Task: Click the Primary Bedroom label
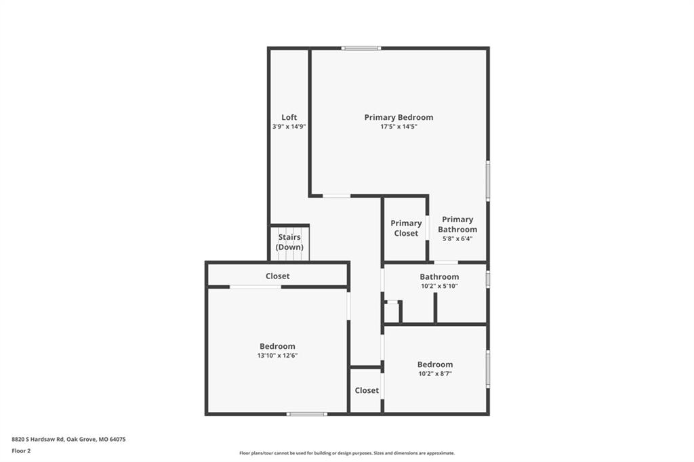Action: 399,117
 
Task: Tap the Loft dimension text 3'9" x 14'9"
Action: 289,127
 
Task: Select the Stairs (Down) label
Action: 289,242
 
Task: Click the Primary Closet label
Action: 406,228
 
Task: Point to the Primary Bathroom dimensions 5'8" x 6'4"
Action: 457,238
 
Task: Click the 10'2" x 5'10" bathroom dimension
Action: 439,287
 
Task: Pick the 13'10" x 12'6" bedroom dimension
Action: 277,356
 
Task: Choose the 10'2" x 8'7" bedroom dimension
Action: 435,373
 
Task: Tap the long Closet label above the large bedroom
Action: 277,276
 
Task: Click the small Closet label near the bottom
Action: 367,390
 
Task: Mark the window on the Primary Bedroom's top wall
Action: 361,48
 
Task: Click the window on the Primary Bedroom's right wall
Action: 488,181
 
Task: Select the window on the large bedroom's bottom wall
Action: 307,414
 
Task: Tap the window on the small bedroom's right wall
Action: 488,369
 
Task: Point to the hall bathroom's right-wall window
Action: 488,279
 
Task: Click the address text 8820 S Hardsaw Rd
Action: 38,440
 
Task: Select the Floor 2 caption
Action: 21,451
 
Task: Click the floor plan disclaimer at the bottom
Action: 347,453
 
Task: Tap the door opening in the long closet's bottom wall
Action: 255,287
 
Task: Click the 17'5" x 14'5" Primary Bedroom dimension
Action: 399,127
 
